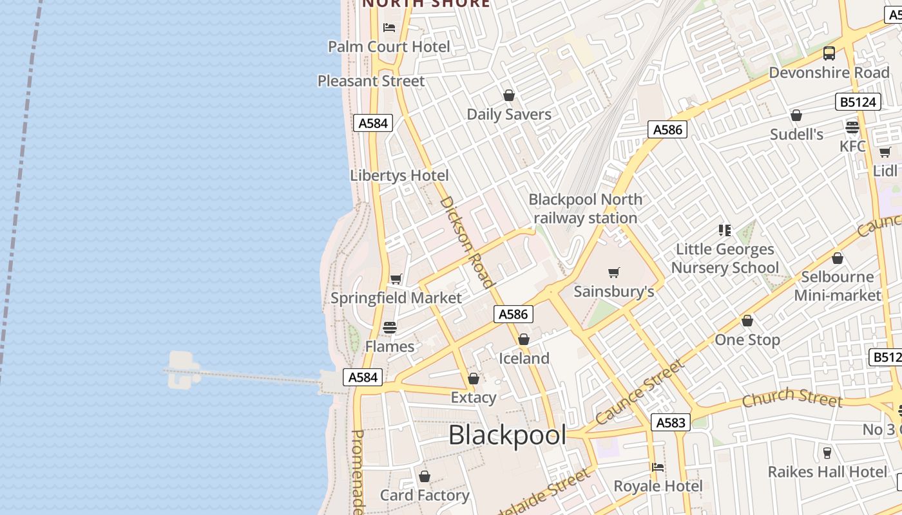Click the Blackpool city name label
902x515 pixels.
(507, 436)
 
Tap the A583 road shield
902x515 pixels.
(671, 422)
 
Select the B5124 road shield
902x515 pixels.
(858, 102)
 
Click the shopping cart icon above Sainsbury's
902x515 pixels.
(614, 272)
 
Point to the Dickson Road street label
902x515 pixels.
(466, 241)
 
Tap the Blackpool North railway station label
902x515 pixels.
(585, 209)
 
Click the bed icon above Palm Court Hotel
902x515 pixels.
(389, 27)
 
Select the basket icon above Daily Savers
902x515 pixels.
(509, 95)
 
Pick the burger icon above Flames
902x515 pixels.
(389, 327)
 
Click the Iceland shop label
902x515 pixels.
(524, 359)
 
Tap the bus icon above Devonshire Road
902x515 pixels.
(829, 53)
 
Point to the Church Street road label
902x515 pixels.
(792, 398)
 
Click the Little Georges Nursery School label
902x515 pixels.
(725, 258)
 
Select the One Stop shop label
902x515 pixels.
(747, 340)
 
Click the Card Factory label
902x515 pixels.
(425, 495)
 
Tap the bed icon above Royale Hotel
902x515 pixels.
(658, 467)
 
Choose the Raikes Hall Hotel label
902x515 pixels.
(827, 472)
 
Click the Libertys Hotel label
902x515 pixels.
(399, 175)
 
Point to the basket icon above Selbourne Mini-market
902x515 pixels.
(838, 258)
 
